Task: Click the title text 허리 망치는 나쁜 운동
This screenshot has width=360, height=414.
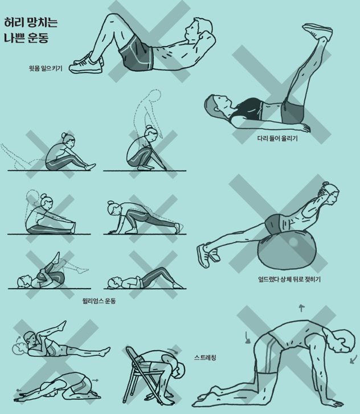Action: click(31, 30)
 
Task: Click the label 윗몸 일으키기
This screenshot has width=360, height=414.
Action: click(46, 68)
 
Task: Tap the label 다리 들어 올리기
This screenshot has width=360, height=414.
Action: click(277, 138)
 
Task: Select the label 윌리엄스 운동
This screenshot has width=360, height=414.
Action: click(99, 301)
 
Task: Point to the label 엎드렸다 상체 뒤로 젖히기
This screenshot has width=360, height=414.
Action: click(289, 280)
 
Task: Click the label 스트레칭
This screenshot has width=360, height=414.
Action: click(205, 358)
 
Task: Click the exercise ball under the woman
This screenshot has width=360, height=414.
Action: click(287, 249)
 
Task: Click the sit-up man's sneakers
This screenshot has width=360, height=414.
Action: click(87, 64)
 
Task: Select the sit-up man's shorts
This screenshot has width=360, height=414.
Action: click(137, 54)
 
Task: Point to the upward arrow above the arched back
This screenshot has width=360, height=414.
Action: click(301, 308)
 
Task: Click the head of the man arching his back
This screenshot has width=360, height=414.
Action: click(342, 341)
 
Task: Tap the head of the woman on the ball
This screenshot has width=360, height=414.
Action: click(330, 192)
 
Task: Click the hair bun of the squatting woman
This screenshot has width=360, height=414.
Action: click(149, 127)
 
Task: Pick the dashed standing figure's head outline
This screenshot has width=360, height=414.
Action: click(154, 95)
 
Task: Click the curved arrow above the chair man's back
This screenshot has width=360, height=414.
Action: click(173, 351)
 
